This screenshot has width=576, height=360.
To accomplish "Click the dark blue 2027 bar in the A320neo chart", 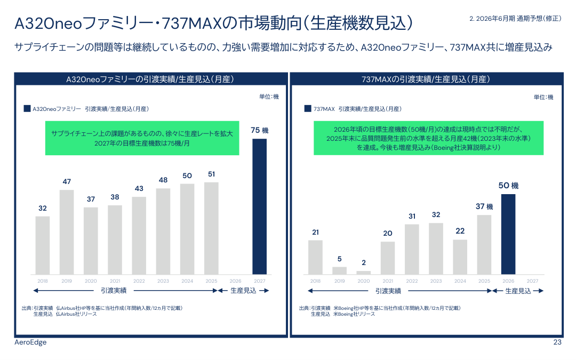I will (259, 206).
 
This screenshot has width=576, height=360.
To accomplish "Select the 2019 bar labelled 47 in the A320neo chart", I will (67, 232).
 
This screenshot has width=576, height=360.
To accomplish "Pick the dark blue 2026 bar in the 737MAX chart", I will (508, 234).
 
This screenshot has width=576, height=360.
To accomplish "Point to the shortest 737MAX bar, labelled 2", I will (364, 272).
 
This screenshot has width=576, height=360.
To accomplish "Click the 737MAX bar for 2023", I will (436, 248).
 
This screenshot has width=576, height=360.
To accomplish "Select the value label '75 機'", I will (259, 130).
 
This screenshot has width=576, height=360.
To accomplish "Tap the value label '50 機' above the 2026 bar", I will (508, 186).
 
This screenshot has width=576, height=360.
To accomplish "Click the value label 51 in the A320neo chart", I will (211, 174).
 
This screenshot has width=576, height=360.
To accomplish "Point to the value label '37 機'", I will (484, 206).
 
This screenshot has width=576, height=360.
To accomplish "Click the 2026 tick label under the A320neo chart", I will (235, 281).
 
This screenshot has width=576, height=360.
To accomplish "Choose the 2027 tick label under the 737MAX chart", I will (532, 281).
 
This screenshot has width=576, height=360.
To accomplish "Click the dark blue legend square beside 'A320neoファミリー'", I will (27, 108).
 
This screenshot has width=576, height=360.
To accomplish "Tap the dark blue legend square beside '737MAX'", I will (308, 108).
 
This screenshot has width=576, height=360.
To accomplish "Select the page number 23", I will (557, 342).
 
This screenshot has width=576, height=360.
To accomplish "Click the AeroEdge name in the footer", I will (30, 342).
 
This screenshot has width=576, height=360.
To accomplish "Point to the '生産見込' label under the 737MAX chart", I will (518, 291).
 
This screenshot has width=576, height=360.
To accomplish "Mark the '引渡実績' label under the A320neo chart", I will (114, 291).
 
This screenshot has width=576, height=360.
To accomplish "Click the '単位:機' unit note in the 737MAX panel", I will (543, 97).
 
